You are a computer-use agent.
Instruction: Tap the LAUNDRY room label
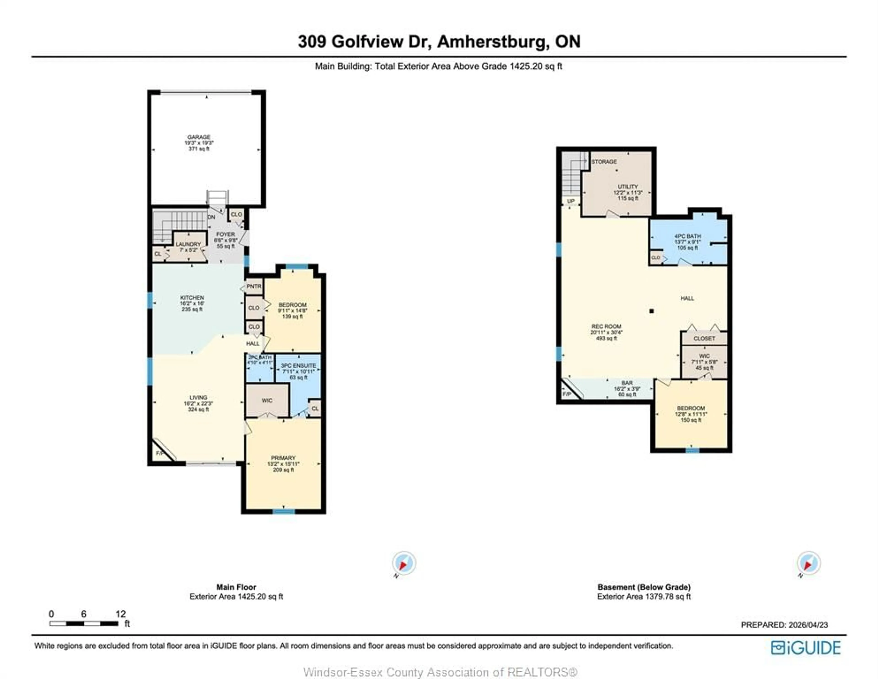[188, 244]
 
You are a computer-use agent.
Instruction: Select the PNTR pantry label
[254, 286]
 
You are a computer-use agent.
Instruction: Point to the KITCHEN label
[192, 297]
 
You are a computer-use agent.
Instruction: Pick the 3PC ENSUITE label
[298, 365]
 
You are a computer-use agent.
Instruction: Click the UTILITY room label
[628, 187]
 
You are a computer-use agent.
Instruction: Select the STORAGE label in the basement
[604, 162]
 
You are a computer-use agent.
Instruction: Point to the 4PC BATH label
[688, 236]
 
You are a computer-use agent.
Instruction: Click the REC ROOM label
[606, 326]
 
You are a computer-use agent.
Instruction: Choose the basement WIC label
[704, 356]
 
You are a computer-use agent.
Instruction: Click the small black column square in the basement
[652, 311]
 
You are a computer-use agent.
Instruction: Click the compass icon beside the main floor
[404, 563]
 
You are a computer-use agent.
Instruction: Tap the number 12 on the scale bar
[120, 614]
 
